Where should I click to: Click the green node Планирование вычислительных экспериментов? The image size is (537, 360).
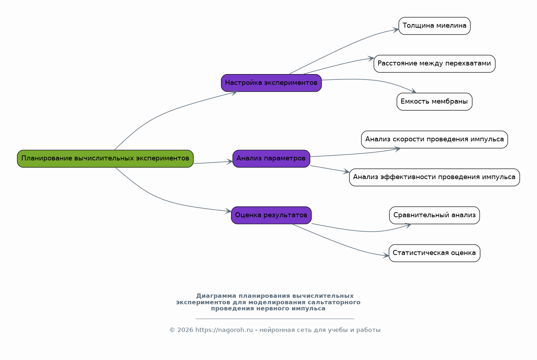click(x=105, y=159)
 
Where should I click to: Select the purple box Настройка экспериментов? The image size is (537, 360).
click(x=271, y=83)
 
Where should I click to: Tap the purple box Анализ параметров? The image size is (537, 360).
click(x=271, y=159)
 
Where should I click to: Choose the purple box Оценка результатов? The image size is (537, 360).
click(x=271, y=215)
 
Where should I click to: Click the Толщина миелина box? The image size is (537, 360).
click(x=434, y=26)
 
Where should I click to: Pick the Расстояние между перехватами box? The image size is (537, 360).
click(x=434, y=64)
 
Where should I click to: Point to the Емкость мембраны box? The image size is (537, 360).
click(x=434, y=101)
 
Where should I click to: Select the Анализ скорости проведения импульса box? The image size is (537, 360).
click(x=434, y=140)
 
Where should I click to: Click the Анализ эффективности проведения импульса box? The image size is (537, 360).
click(x=434, y=177)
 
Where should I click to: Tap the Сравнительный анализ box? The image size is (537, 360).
click(x=434, y=215)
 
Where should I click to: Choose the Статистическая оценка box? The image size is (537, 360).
click(x=434, y=253)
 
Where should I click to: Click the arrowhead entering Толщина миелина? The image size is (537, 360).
click(x=396, y=30)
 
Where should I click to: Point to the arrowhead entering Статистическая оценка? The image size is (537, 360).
click(x=386, y=255)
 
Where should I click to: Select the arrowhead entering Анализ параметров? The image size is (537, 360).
click(x=230, y=162)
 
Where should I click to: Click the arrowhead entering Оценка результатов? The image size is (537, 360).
click(x=228, y=211)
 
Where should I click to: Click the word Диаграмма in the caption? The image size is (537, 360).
click(x=216, y=296)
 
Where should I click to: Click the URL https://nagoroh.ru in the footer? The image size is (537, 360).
click(x=224, y=330)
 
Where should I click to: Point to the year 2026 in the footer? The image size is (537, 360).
click(x=185, y=330)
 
